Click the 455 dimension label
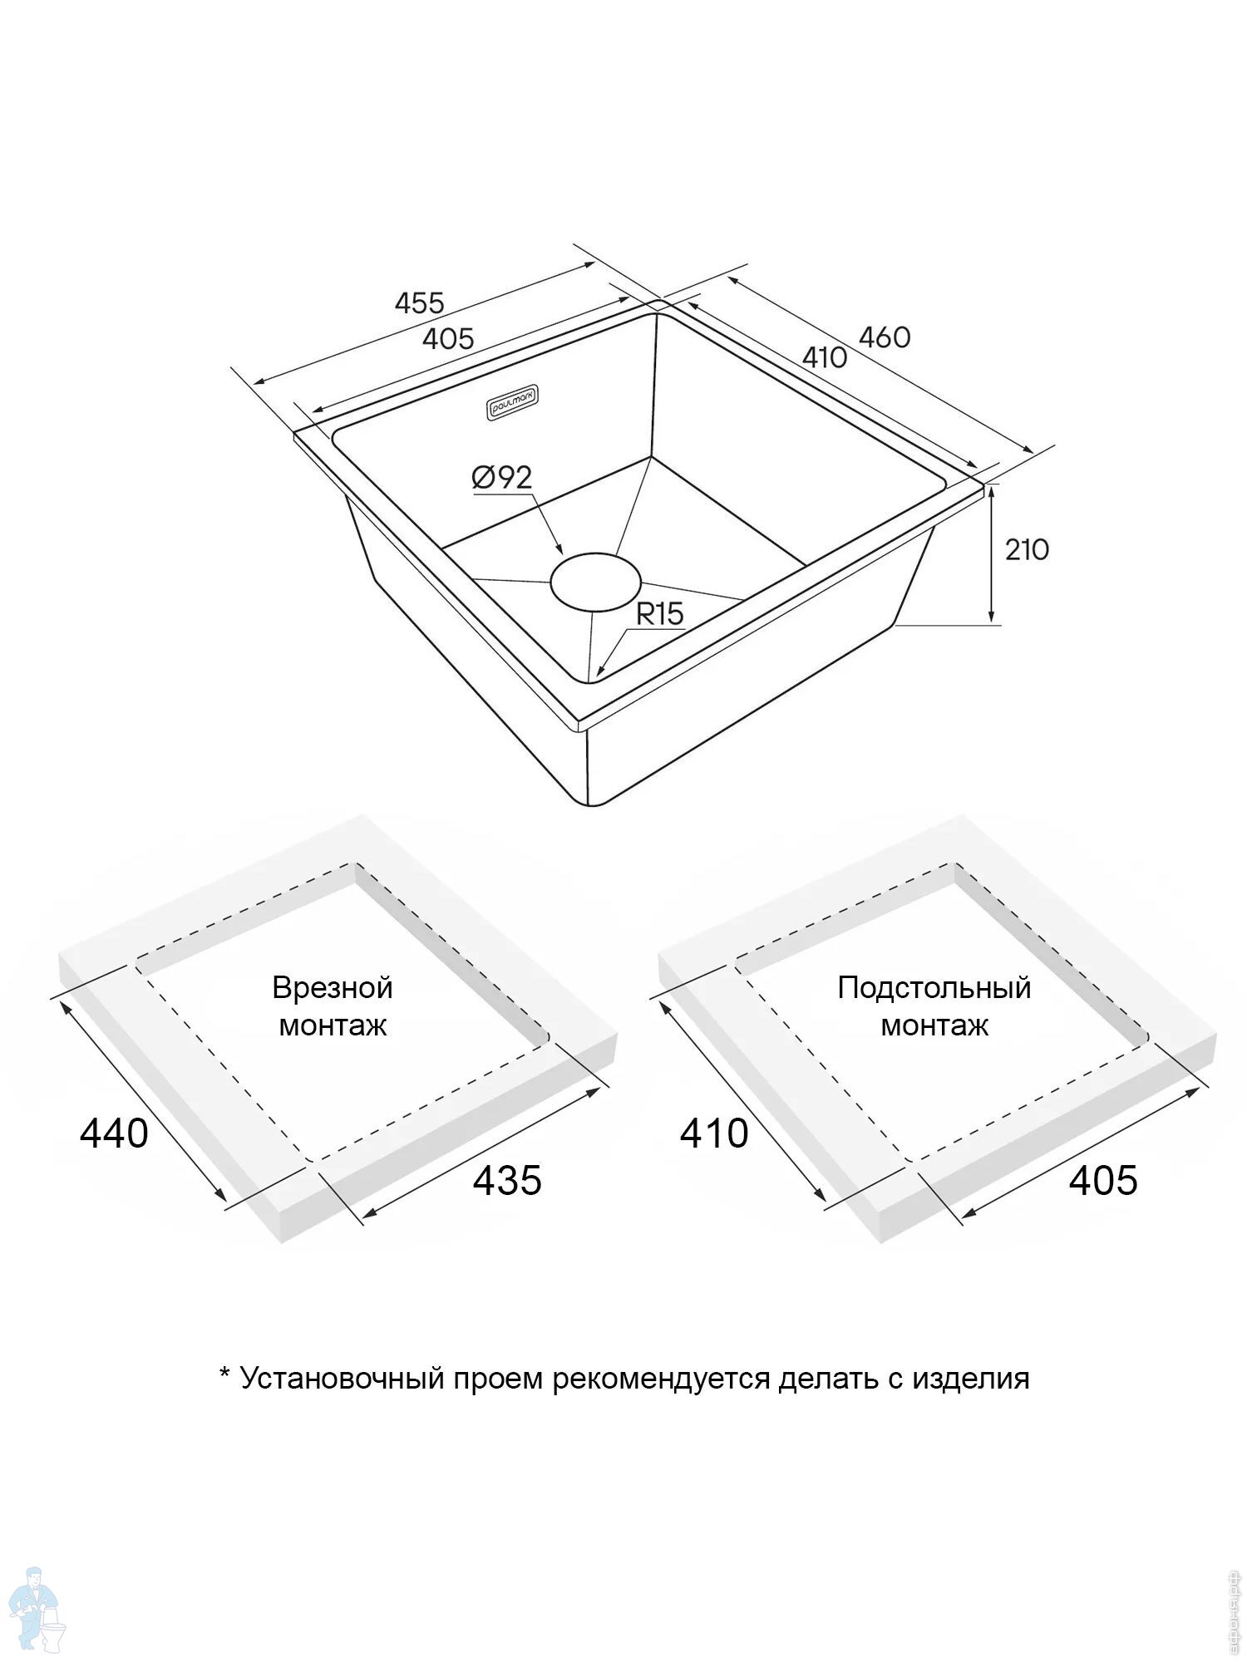tap(419, 302)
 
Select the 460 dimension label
tap(885, 337)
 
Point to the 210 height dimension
tap(1027, 549)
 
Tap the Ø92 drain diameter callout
tap(502, 477)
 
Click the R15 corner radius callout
tap(659, 614)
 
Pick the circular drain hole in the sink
tap(595, 581)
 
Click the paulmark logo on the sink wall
tap(512, 406)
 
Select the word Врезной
tap(333, 987)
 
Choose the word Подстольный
tap(934, 987)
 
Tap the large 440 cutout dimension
tap(114, 1133)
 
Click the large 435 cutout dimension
tap(507, 1180)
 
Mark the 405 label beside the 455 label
tap(448, 339)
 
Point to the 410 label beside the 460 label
tap(825, 357)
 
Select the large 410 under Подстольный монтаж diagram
tap(714, 1133)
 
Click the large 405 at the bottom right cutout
tap(1103, 1180)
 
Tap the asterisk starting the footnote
tap(224, 1372)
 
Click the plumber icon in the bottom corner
tap(38, 1609)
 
